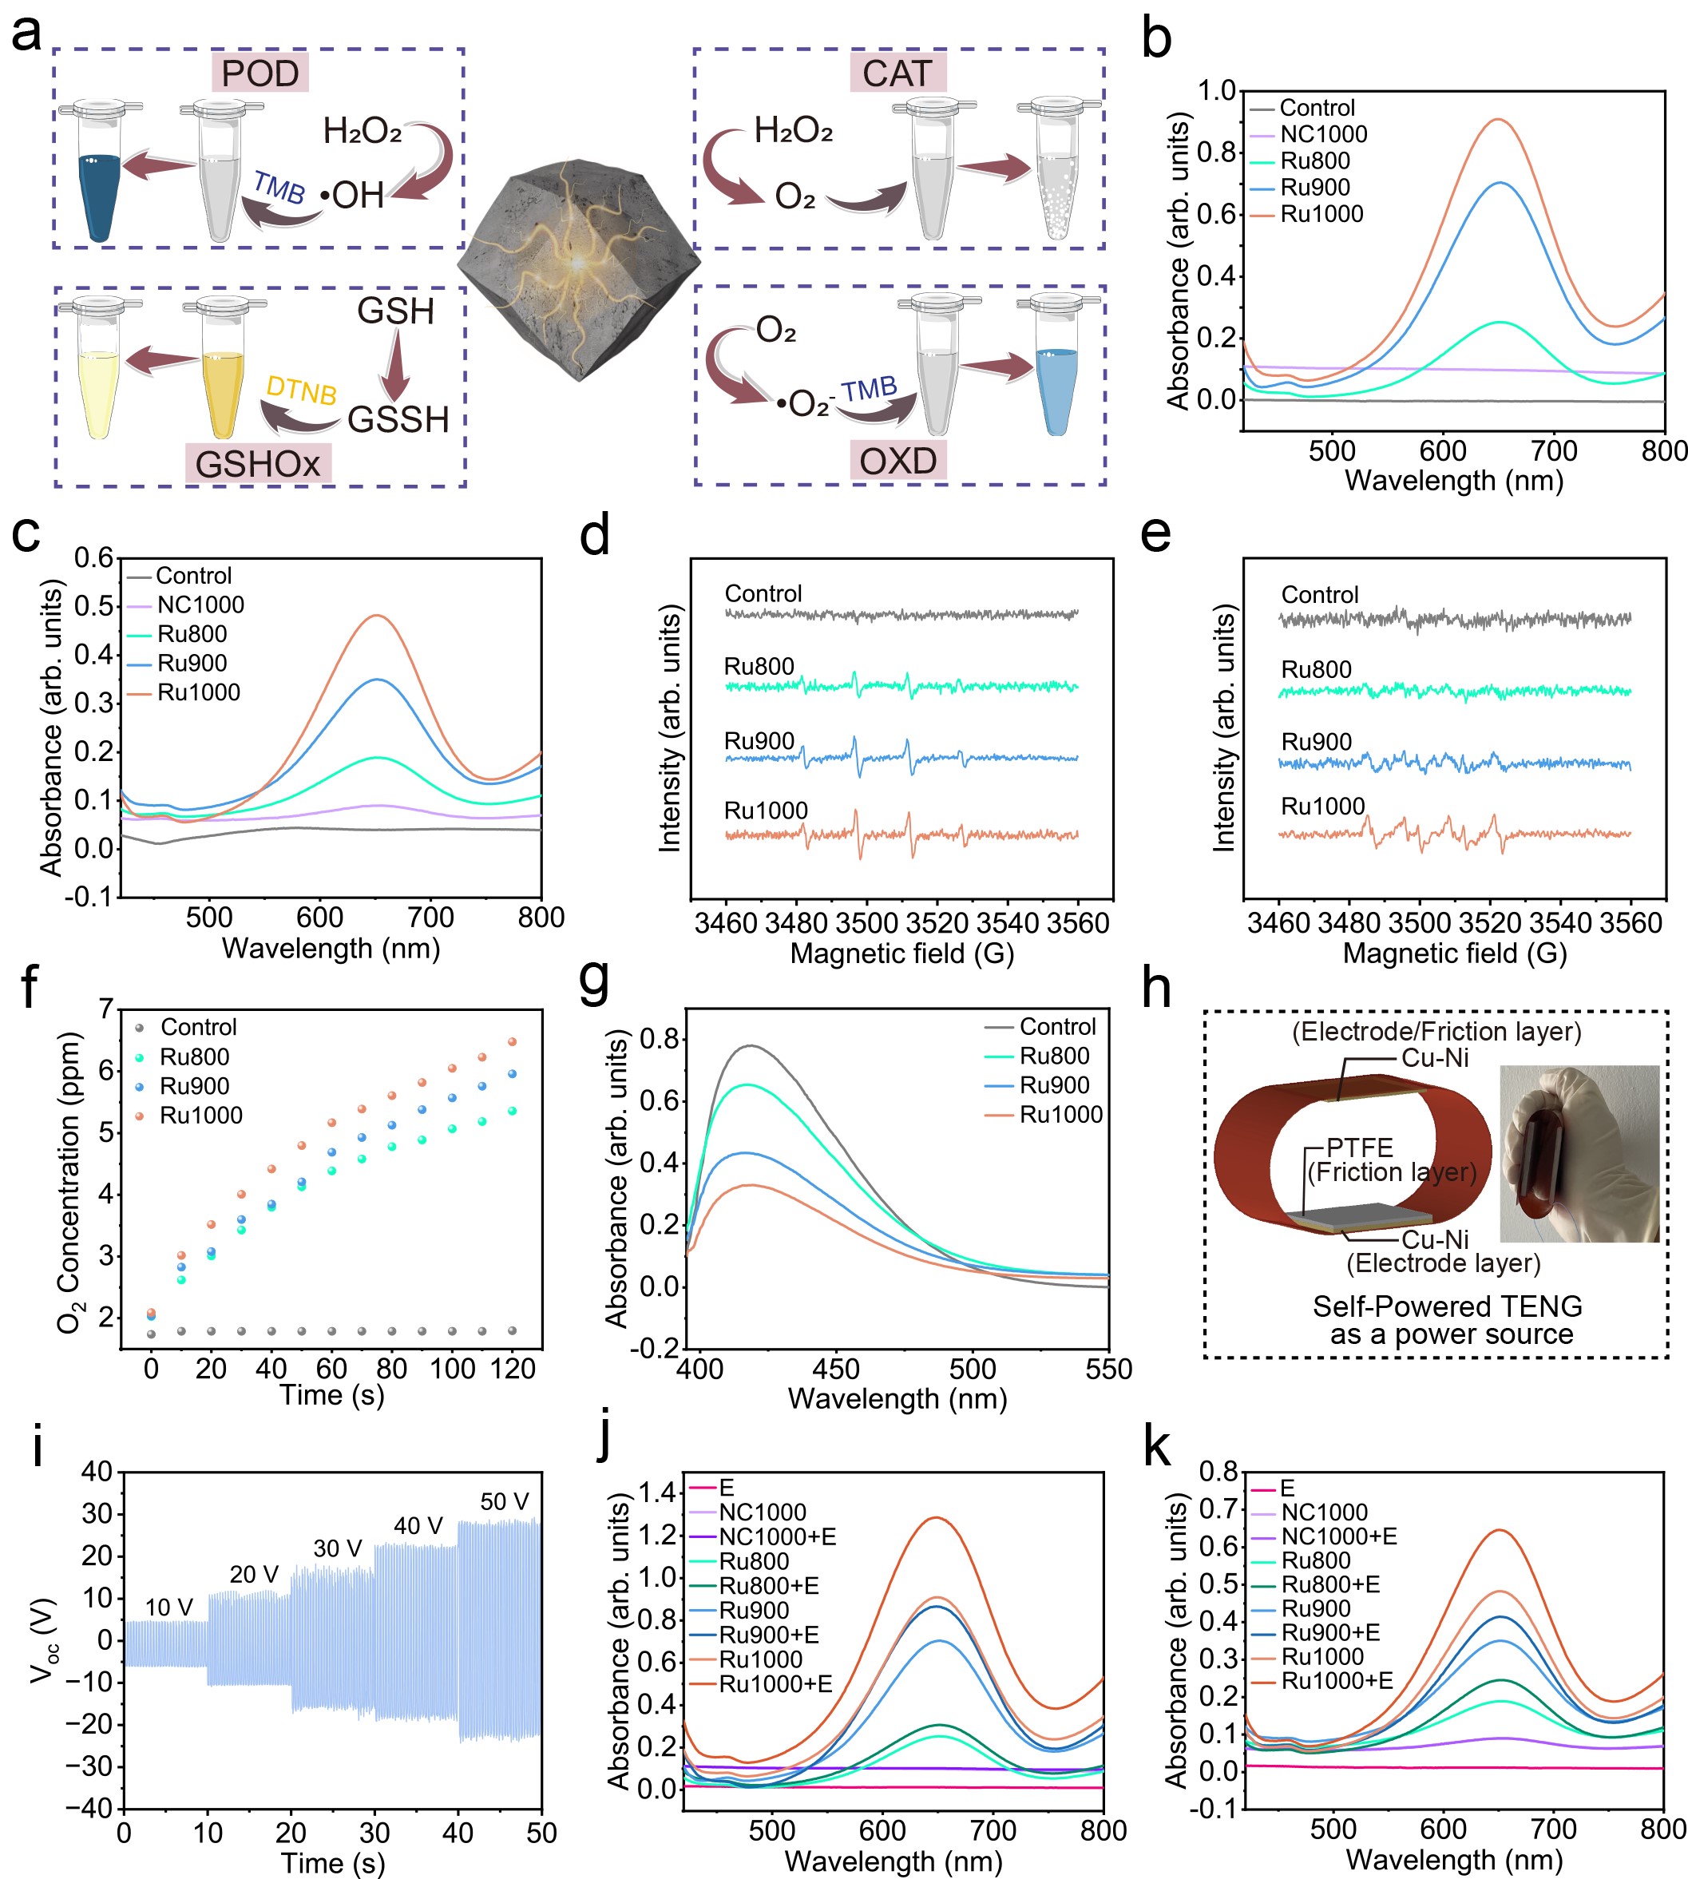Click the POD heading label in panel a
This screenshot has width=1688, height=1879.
[260, 73]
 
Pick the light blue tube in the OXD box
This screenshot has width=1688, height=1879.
[1056, 390]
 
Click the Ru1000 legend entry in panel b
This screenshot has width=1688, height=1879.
[1321, 214]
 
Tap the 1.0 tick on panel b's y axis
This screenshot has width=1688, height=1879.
[1216, 91]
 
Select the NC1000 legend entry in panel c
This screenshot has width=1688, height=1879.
[200, 605]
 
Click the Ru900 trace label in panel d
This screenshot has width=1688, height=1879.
[759, 741]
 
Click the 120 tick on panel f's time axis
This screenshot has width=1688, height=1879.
[512, 1369]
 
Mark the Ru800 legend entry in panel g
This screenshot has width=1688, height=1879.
[1055, 1056]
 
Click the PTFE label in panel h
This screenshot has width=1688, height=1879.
[1360, 1148]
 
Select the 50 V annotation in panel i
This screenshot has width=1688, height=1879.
[504, 1501]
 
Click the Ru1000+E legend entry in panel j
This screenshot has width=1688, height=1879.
[775, 1683]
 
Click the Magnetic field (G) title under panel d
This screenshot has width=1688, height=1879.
[901, 953]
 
